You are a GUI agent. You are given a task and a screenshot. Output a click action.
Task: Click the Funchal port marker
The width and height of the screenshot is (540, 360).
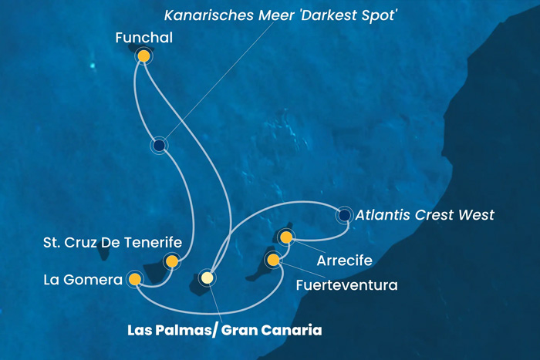click(x=143, y=56)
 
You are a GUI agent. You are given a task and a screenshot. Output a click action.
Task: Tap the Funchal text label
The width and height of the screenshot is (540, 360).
click(x=143, y=37)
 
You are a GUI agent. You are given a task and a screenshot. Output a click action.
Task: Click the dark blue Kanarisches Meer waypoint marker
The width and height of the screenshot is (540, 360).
click(x=159, y=145)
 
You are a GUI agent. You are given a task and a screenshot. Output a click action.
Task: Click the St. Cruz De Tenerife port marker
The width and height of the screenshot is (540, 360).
click(x=171, y=261)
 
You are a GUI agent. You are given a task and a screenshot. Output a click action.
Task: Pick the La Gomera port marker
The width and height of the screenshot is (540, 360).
click(x=135, y=278)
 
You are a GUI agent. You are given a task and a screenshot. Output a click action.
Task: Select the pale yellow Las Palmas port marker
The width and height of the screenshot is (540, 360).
click(x=206, y=278)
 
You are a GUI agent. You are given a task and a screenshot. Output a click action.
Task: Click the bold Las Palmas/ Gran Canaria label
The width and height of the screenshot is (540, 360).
click(x=224, y=330)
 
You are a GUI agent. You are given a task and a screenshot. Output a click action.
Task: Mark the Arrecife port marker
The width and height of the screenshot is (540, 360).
click(x=286, y=237)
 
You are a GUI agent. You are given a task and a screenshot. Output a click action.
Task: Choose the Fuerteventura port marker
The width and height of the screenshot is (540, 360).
click(x=272, y=260)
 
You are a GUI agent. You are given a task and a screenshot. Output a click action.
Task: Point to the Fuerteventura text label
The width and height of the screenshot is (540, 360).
click(x=346, y=285)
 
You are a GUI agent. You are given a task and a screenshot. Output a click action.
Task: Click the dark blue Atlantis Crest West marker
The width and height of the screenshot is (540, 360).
click(x=344, y=215)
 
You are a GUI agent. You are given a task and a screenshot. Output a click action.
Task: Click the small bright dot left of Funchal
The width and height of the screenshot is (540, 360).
click(x=92, y=66)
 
